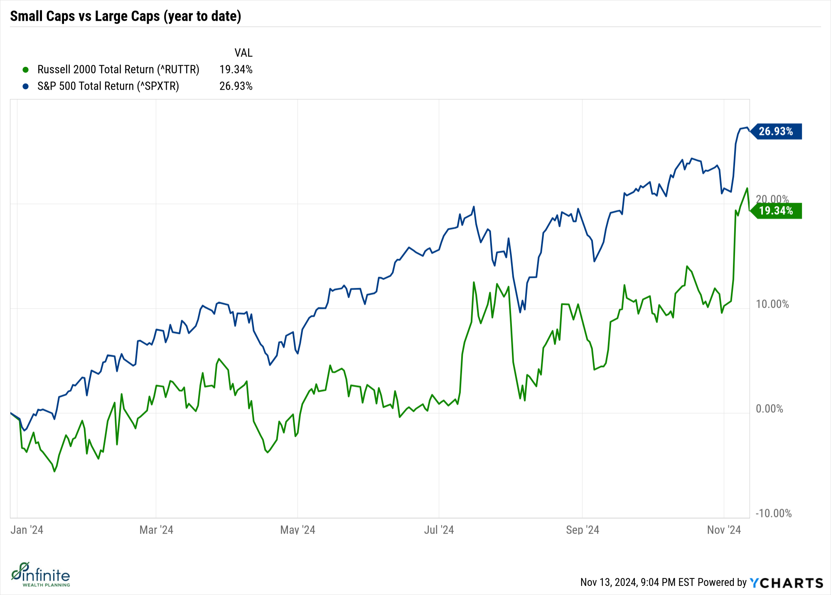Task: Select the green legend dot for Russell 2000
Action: [x=26, y=70]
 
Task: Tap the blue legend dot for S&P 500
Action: [x=26, y=86]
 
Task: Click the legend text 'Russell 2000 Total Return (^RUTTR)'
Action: [x=118, y=69]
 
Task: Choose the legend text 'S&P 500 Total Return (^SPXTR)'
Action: [x=108, y=86]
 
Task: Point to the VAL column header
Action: [x=243, y=53]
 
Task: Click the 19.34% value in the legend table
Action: [x=236, y=69]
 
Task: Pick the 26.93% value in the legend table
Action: [x=236, y=86]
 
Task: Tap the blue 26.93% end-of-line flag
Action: [x=776, y=131]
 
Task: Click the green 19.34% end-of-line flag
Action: [x=776, y=211]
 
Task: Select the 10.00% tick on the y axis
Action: [x=772, y=304]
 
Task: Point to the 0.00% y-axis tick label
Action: [x=769, y=409]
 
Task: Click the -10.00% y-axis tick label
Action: [x=773, y=513]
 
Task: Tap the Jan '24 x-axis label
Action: [x=27, y=530]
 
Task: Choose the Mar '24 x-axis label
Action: [x=156, y=530]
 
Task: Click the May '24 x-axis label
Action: [x=297, y=530]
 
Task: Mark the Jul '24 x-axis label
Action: [x=439, y=530]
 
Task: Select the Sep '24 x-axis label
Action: [x=582, y=530]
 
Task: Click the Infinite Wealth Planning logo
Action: [x=41, y=575]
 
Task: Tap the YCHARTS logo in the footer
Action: [x=786, y=583]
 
